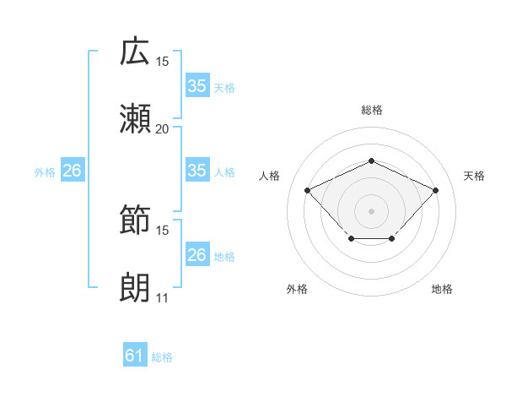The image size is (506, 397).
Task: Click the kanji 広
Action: pos(136,52)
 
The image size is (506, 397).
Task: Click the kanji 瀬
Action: pos(136,119)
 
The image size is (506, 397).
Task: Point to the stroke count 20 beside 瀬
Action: pos(162,129)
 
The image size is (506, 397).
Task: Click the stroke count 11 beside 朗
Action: pos(162,298)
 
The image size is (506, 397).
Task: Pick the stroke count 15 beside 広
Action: pos(162,62)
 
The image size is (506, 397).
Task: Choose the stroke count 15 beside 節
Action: pos(162,231)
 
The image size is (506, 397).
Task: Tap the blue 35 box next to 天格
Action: pos(196,86)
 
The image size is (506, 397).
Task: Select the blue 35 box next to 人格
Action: pos(196,171)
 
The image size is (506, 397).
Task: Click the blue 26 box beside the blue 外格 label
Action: pos(72,171)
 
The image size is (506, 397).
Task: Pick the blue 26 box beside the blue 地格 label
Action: pos(196,255)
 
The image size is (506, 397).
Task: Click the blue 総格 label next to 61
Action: pos(162,357)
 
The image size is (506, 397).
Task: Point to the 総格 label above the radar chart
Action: pos(371,110)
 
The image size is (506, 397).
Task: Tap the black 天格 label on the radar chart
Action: pos(474,176)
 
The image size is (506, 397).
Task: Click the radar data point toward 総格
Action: pos(371,160)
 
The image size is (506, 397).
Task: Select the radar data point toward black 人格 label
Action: pos(308,190)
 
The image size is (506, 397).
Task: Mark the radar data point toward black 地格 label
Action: pos(393,240)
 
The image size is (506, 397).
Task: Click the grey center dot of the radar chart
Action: pos(371,209)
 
